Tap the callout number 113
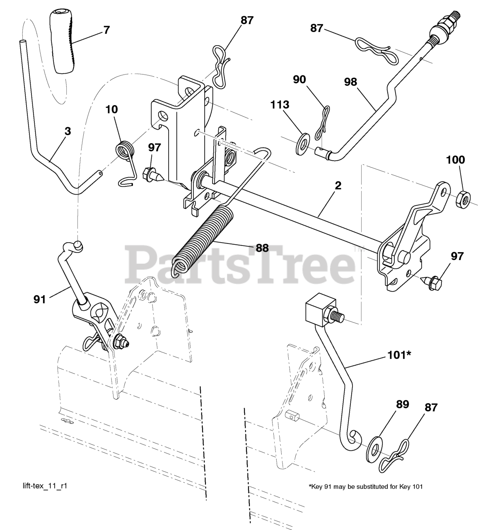[280, 105]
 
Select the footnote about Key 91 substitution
[365, 487]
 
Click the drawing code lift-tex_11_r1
[45, 485]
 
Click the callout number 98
[350, 82]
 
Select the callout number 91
[40, 299]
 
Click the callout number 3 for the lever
[68, 131]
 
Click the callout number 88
[262, 248]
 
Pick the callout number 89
[402, 404]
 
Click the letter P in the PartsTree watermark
[142, 264]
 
